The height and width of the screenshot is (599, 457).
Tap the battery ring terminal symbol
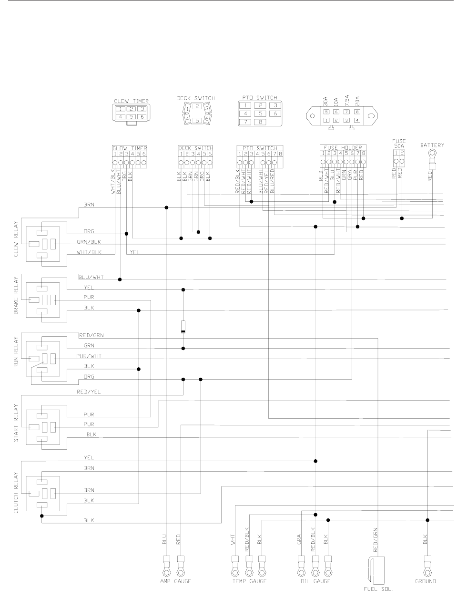(433, 154)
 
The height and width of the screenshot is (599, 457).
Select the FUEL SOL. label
(377, 589)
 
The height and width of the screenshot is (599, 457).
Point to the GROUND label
(426, 581)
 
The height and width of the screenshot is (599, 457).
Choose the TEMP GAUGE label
(248, 581)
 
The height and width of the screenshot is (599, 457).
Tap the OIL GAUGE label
(315, 581)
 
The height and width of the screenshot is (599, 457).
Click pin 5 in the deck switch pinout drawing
(197, 120)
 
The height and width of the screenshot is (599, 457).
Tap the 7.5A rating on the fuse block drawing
(347, 102)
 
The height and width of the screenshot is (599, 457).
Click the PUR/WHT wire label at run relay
(89, 356)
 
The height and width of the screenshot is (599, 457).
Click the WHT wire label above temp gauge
(234, 541)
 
